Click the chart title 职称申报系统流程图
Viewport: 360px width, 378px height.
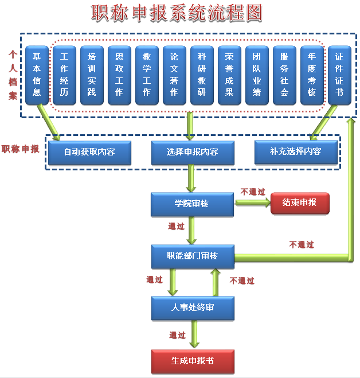point(177,13)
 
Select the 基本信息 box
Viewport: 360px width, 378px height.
point(37,75)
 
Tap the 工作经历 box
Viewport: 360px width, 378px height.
point(64,75)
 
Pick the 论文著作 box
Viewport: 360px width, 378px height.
point(174,75)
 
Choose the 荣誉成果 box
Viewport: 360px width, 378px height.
point(229,75)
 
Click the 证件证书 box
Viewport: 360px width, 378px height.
point(339,75)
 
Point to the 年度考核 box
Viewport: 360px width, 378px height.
point(312,75)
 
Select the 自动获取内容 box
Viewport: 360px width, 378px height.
point(89,153)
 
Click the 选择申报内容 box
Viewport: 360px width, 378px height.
point(193,153)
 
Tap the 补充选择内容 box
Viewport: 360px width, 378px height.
point(296,152)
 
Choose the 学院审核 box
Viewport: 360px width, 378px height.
point(192,204)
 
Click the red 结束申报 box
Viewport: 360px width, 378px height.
point(300,203)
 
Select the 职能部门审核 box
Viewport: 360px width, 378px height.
point(193,256)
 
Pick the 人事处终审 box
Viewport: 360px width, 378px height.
point(193,308)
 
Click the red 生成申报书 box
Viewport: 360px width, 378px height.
point(193,361)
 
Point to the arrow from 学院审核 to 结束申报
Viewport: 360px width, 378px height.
point(253,202)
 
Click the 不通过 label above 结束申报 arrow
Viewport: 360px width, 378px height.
point(253,192)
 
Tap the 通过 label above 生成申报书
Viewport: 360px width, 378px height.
point(177,335)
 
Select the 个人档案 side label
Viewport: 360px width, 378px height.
point(13,75)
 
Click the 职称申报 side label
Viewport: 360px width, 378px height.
point(20,149)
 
